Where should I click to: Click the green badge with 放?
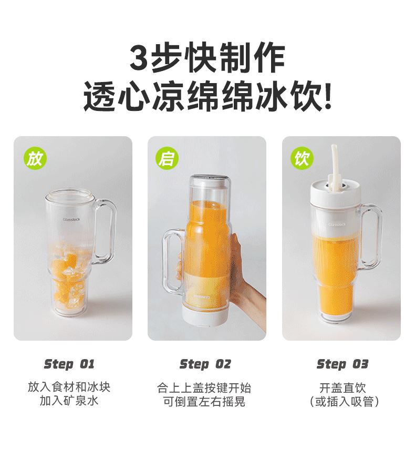click(35, 158)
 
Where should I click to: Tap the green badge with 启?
click(167, 158)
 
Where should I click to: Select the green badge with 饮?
click(302, 158)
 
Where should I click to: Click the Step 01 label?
click(69, 364)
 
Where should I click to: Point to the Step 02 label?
click(205, 364)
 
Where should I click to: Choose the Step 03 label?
click(343, 364)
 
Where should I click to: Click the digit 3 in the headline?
click(139, 58)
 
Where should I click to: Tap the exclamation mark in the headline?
click(328, 96)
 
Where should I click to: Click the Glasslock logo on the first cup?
click(71, 220)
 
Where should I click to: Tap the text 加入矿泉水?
click(69, 400)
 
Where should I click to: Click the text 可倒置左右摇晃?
click(204, 402)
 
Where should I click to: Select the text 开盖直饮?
click(343, 388)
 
